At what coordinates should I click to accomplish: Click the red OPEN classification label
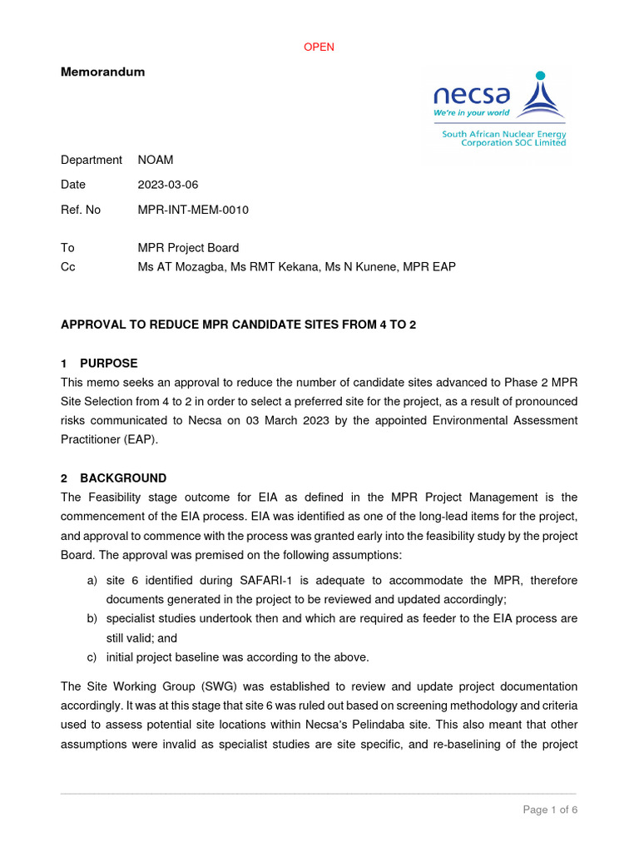319,47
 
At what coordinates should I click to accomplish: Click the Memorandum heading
102,72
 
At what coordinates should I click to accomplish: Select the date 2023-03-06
168,185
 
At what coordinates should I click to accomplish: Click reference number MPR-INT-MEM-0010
193,210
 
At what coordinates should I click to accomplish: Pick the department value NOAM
156,160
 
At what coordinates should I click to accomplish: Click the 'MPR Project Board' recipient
188,248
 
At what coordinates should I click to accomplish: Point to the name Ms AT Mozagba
180,267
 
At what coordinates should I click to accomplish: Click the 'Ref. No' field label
81,210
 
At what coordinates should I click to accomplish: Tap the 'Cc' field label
68,267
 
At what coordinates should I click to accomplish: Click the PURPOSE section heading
108,364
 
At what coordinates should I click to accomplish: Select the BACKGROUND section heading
123,478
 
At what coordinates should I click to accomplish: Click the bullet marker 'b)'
92,619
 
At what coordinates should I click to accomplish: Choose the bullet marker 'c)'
92,657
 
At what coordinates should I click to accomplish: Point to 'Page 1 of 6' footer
550,810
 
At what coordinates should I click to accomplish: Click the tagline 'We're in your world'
471,113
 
